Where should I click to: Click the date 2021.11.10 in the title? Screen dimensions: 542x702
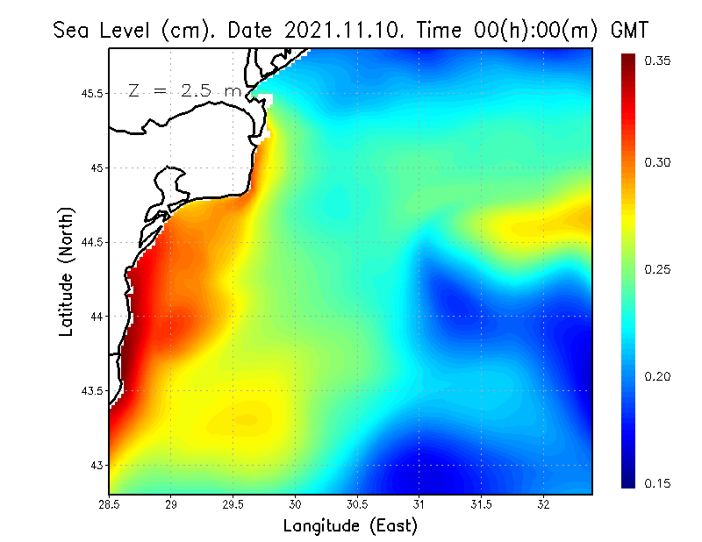(339, 29)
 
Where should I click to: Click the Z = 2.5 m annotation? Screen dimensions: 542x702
(183, 90)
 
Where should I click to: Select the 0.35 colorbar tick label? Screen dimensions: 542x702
(658, 61)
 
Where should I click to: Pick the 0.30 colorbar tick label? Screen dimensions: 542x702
(658, 162)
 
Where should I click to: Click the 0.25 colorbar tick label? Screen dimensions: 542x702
(658, 269)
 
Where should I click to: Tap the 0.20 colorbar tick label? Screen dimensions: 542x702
(658, 376)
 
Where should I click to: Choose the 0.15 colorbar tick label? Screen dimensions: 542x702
(658, 483)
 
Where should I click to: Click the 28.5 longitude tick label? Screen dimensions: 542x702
(110, 505)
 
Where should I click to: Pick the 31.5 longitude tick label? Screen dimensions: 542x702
(482, 505)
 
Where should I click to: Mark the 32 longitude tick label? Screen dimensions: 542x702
(544, 505)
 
